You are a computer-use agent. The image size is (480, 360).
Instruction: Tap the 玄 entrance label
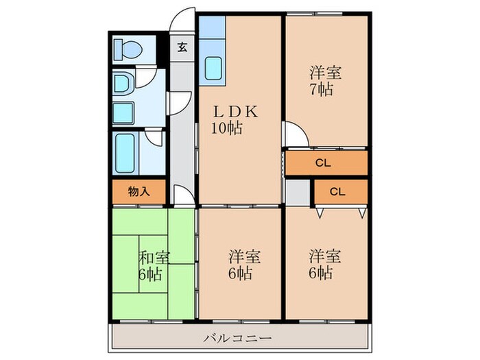(182, 47)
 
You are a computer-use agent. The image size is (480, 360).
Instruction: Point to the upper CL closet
(326, 163)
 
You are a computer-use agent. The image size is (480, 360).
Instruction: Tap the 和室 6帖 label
(154, 266)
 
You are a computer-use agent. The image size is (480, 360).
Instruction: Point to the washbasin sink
(124, 85)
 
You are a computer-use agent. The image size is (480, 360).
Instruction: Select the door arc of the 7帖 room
(294, 134)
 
